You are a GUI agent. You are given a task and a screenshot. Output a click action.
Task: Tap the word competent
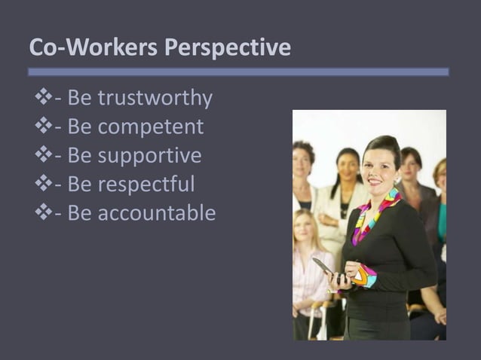pyautogui.click(x=151, y=127)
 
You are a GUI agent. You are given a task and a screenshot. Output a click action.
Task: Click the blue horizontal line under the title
pyautogui.click(x=238, y=72)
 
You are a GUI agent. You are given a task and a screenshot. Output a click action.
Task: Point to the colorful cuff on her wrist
pyautogui.click(x=365, y=276)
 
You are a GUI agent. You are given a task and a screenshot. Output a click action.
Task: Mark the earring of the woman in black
pyautogui.click(x=397, y=181)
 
